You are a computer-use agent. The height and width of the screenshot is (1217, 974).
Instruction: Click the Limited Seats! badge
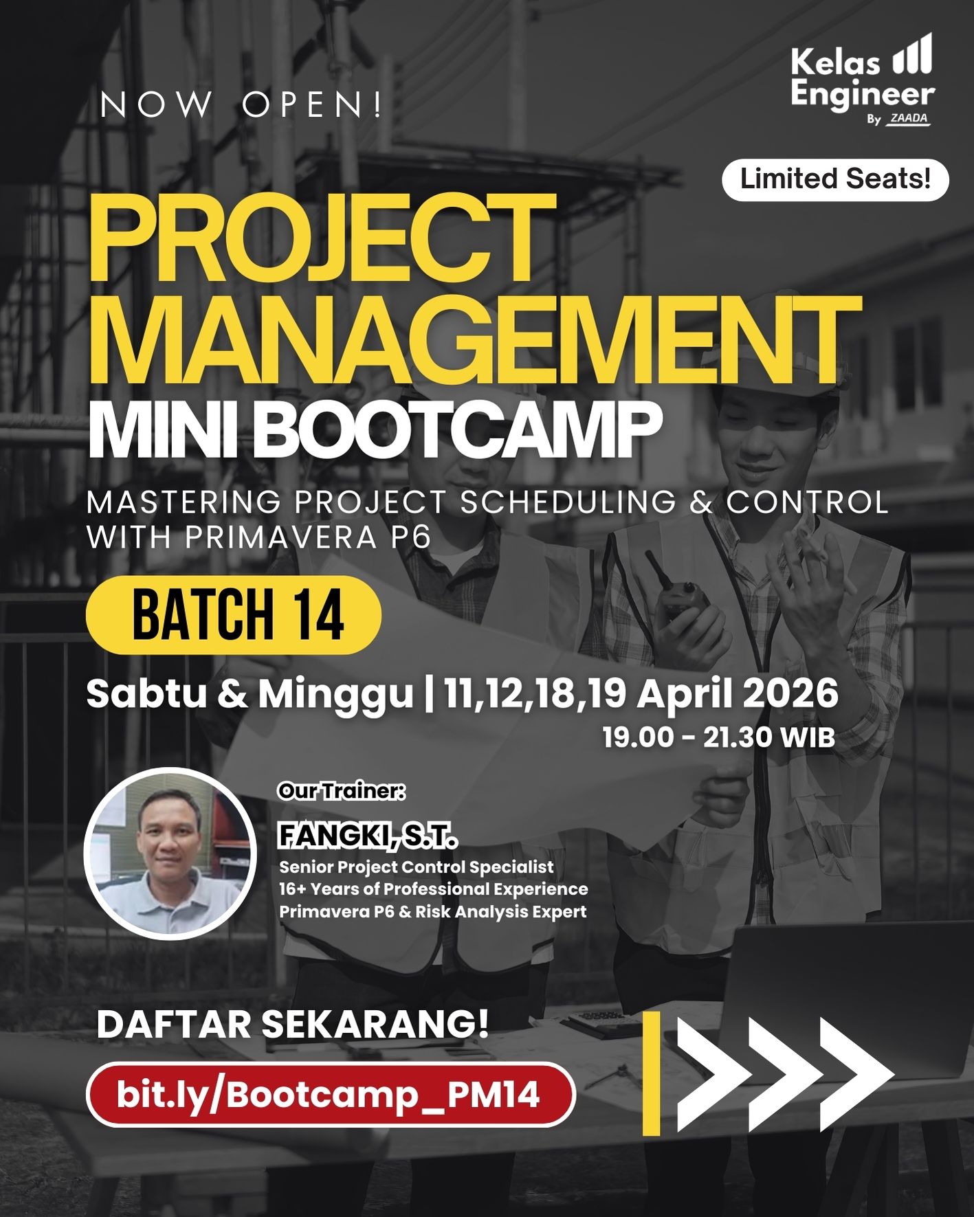[x=835, y=180]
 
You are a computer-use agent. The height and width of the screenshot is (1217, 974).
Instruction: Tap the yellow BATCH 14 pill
[x=234, y=614]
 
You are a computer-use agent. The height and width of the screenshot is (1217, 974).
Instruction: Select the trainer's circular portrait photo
[x=170, y=853]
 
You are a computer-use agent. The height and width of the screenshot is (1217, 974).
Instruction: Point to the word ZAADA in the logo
[x=909, y=118]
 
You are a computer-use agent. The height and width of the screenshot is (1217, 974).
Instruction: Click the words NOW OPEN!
[x=241, y=105]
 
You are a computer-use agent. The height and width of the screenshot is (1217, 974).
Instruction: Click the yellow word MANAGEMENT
[x=474, y=342]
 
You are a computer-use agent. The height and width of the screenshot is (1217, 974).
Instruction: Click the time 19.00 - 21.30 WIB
[x=719, y=737]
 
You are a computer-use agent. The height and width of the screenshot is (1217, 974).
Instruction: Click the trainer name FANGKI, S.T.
[x=368, y=836]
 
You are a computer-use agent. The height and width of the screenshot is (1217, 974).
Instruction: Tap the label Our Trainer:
[x=342, y=791]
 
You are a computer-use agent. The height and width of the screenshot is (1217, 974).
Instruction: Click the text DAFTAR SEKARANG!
[x=293, y=1025]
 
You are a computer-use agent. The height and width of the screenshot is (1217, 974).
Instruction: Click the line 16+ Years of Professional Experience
[x=433, y=889]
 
